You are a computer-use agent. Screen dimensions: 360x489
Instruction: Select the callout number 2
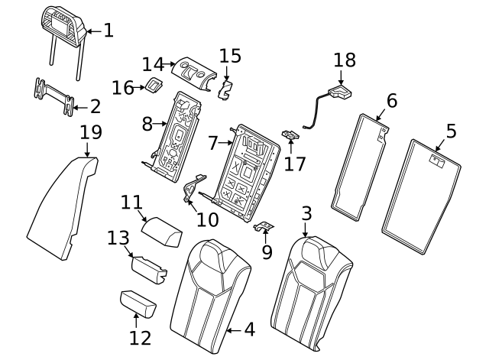(x=96, y=106)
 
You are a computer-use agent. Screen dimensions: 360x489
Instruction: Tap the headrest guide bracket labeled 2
(x=53, y=94)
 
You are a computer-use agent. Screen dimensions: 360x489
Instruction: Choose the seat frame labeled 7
(x=244, y=168)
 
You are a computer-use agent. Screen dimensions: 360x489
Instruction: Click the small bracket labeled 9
(x=264, y=226)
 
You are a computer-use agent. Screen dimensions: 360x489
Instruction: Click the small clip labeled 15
(x=225, y=90)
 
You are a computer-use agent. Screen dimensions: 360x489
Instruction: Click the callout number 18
(x=345, y=60)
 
